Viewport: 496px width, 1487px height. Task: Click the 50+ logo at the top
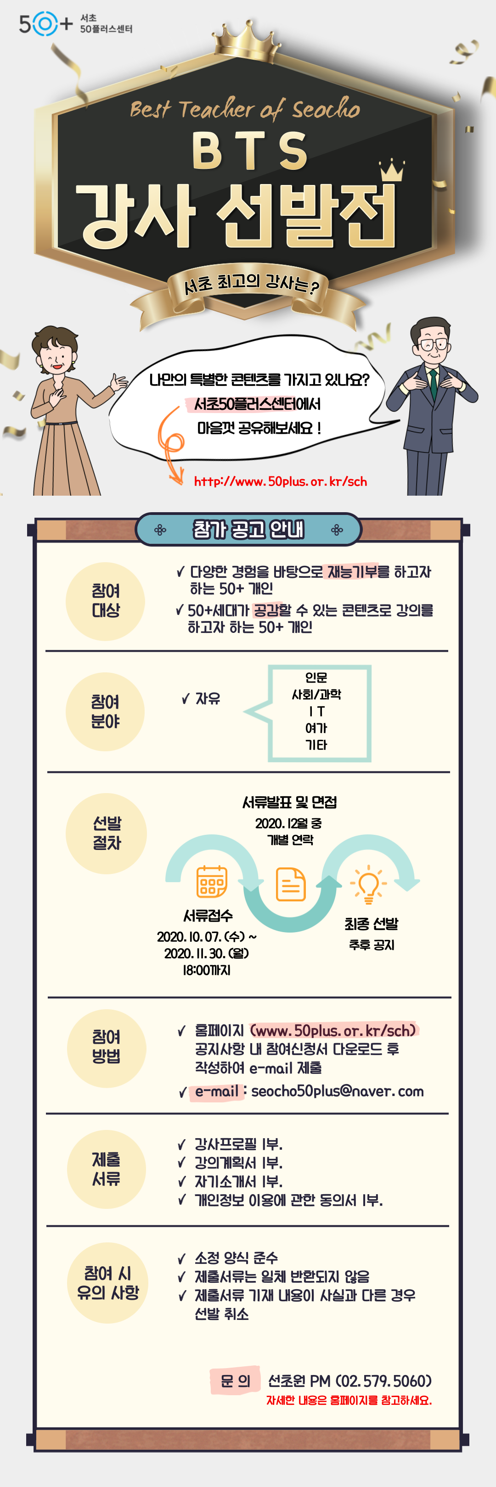pos(46,24)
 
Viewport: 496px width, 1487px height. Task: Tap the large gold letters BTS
pos(249,150)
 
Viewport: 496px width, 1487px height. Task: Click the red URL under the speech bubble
pos(280,481)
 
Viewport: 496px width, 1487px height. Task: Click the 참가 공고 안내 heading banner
pos(248,529)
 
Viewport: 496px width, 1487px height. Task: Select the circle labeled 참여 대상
pos(105,601)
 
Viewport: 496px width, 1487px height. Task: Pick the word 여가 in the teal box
pos(316,728)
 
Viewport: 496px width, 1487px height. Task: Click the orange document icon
pos(290,884)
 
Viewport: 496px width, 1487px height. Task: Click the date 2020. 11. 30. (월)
pos(207,953)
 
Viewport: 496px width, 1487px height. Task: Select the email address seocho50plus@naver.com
pos(337,1091)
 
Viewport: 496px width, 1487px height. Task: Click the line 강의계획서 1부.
pos(238,1163)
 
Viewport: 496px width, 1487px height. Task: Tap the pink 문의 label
pos(235,1381)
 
